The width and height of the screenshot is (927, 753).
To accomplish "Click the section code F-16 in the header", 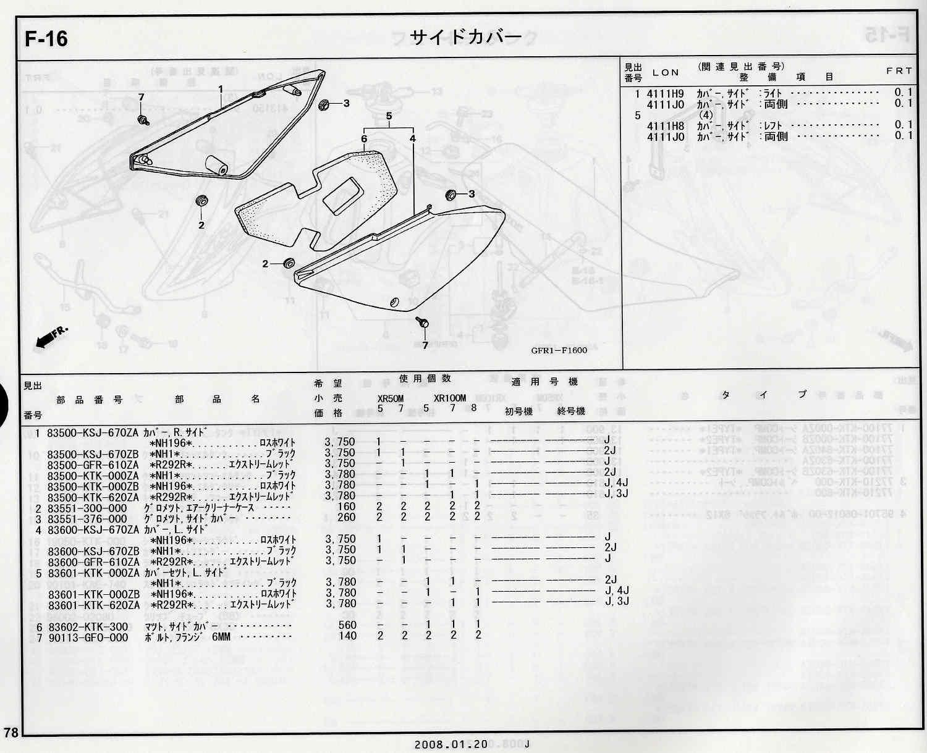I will pos(46,39).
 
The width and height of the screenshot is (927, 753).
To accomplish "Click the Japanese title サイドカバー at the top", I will pos(466,37).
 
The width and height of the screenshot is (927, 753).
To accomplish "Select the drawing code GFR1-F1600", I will pos(559,350).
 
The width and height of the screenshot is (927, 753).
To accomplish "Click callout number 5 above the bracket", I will pos(389,116).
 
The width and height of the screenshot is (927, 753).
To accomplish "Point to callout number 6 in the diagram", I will pos(364,139).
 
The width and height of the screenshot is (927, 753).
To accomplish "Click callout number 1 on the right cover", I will pos(221,90).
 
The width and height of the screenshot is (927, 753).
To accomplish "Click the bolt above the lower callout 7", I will pos(423,323).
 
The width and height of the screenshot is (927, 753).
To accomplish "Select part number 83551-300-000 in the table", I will pos(87,508).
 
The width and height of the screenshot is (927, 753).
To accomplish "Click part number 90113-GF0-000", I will pos(88,637).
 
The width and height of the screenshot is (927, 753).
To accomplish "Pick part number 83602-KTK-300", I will pos(88,626).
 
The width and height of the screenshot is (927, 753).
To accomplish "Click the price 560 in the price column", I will pos(347,626).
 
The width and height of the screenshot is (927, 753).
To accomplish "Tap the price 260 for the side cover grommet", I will pos(347,518).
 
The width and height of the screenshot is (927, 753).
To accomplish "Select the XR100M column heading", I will pos(449,398).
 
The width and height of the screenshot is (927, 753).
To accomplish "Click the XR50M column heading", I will pos(391,398).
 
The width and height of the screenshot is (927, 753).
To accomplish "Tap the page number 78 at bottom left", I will pos(11,733).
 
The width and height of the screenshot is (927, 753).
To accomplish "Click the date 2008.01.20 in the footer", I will pos(442,744).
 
